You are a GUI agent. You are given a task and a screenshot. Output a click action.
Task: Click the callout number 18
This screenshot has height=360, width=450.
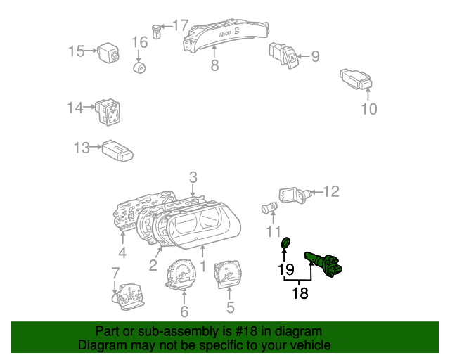click(300, 293)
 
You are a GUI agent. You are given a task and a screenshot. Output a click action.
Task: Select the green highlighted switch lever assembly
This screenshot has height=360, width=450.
click(323, 264)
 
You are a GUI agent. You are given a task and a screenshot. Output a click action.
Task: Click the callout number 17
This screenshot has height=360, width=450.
click(181, 25)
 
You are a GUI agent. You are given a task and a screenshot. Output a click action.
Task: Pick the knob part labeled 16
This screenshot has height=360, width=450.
click(140, 67)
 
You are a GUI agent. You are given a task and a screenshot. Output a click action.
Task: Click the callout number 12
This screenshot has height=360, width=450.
click(331, 191)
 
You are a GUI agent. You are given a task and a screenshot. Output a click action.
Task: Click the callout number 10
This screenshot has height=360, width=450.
click(368, 108)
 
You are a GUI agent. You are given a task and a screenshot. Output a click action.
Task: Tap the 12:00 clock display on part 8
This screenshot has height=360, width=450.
click(226, 32)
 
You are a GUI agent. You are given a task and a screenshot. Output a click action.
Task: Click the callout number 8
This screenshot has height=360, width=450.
click(214, 65)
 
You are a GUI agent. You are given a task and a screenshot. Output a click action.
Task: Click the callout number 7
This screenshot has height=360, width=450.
click(115, 272)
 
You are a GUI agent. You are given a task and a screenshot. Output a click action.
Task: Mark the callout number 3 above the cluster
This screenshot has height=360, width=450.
click(193, 176)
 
